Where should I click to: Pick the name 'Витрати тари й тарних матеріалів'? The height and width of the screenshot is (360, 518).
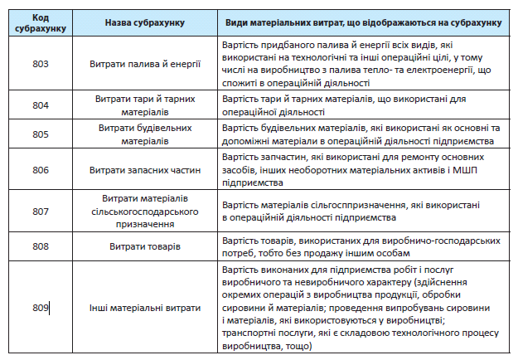(145, 105)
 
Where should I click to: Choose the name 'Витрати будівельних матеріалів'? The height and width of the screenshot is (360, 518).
(145, 134)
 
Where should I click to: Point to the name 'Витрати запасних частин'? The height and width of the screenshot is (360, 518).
(145, 170)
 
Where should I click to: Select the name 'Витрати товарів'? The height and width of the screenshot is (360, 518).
(145, 246)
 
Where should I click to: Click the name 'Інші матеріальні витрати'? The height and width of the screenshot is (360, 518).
(145, 308)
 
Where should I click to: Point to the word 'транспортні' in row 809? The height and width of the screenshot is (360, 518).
(249, 333)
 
